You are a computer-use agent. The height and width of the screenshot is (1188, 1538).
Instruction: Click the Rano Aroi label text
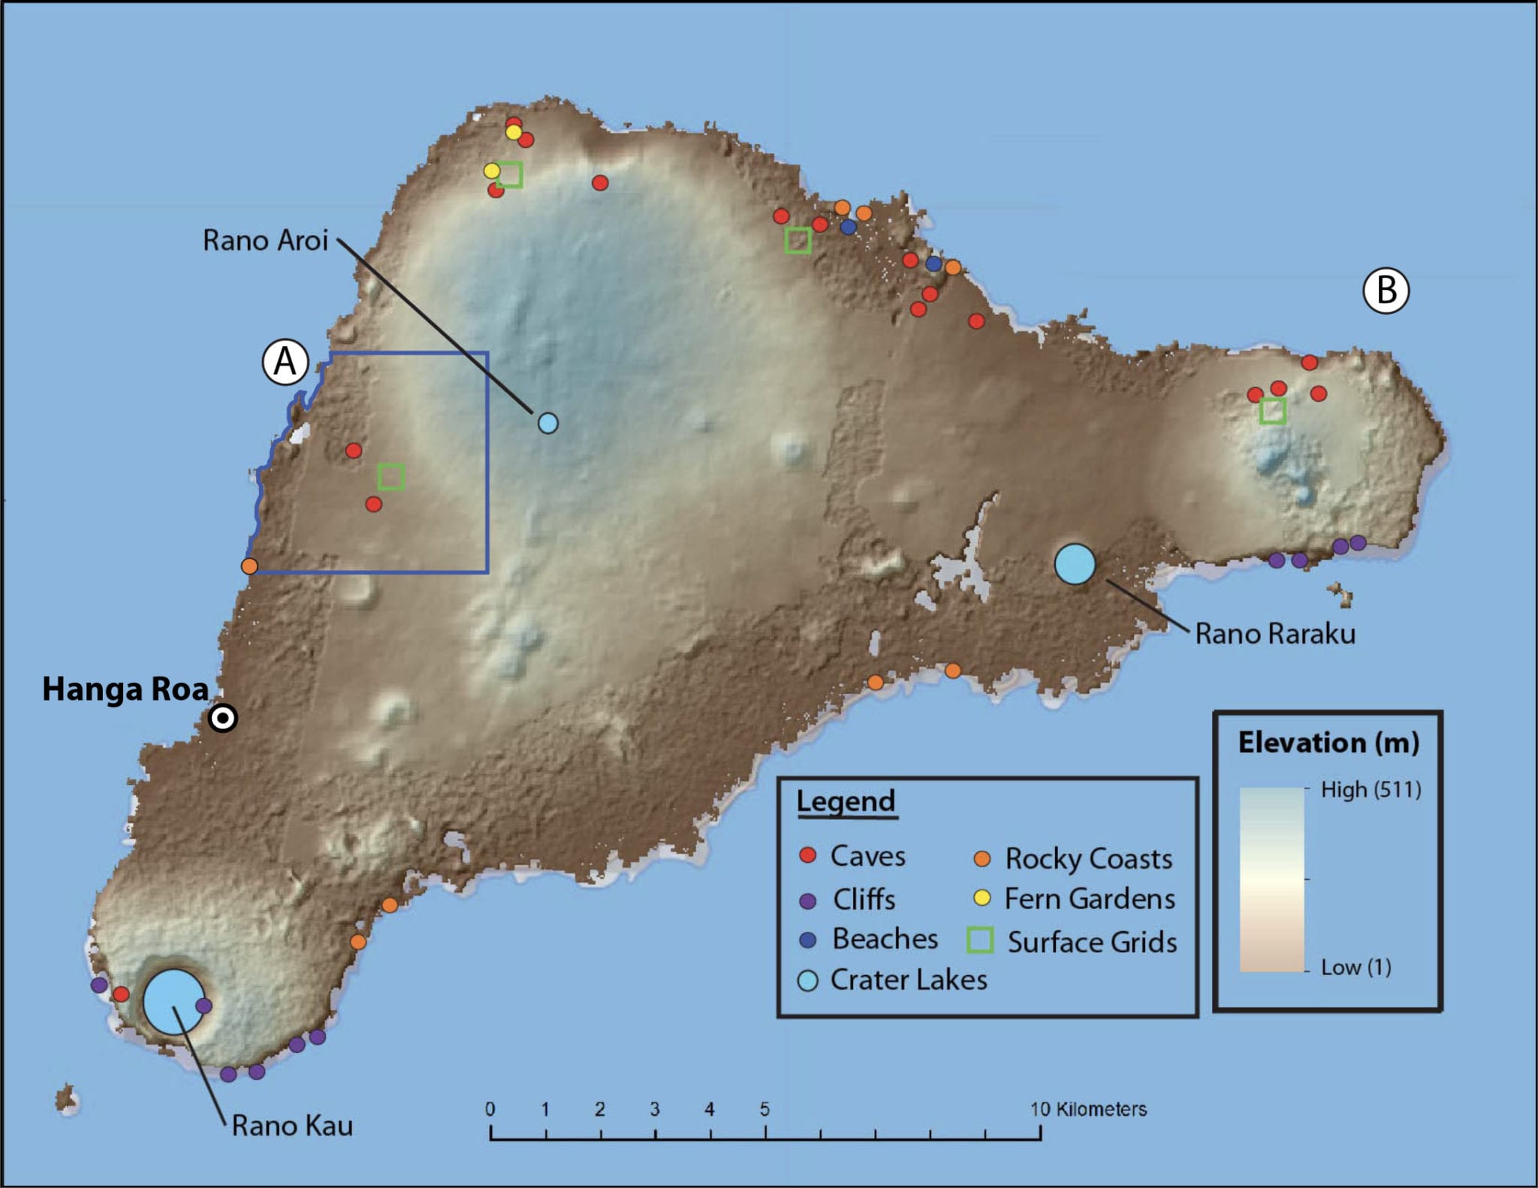265,240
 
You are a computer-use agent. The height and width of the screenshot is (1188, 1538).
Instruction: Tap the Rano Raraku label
1274,634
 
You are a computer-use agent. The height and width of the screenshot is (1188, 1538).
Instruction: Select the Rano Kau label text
292,1126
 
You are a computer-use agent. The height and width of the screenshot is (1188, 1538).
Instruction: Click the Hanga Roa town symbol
223,719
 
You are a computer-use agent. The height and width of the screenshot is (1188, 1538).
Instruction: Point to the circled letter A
285,362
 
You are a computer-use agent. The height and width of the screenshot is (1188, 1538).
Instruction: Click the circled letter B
1386,291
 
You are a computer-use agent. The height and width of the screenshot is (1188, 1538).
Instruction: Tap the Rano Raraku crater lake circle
1075,564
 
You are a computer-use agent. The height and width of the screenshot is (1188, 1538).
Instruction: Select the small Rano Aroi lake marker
548,424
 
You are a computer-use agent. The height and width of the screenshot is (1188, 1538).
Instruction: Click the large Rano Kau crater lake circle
173,1002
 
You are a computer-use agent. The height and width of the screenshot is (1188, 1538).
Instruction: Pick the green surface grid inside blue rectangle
391,477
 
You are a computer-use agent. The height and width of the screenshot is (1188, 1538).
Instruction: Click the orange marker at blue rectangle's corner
249,566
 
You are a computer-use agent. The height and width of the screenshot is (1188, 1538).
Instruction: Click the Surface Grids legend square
980,940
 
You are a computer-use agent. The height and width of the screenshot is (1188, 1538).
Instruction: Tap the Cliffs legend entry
864,900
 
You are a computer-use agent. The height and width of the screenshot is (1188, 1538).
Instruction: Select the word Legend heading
846,801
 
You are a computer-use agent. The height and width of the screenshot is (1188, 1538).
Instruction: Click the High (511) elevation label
1371,790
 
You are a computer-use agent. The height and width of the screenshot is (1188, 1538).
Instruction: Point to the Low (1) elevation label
1356,967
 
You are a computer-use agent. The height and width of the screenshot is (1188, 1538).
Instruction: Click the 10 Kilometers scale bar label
1088,1109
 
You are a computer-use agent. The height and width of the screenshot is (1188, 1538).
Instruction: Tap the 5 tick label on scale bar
764,1109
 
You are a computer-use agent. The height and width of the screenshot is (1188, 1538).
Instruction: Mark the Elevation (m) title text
1328,743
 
